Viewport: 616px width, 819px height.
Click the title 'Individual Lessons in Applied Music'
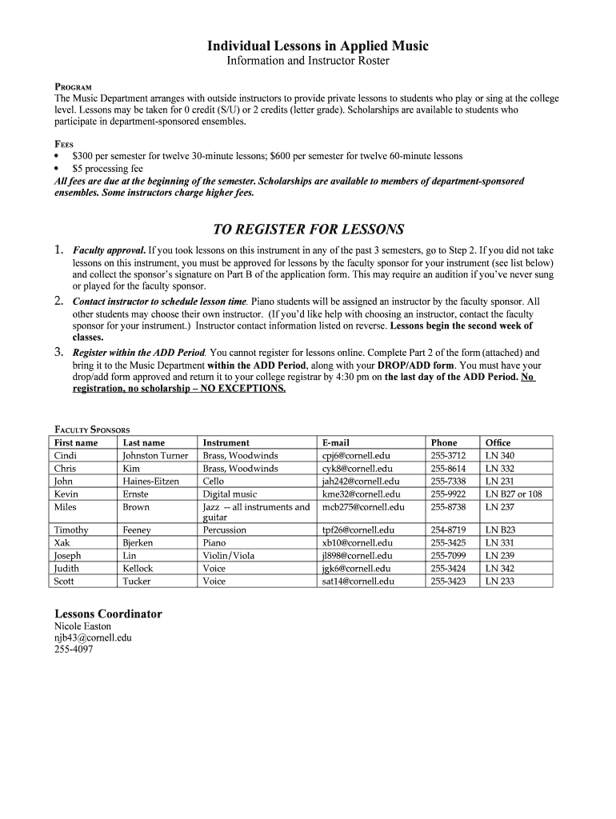point(318,46)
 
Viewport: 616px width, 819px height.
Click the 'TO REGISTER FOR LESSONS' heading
point(307,230)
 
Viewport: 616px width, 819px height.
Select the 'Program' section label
point(73,86)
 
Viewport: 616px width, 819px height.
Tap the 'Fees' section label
point(63,144)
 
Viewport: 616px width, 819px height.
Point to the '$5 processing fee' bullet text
point(107,169)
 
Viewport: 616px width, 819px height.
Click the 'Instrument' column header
point(226,442)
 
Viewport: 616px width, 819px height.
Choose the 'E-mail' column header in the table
point(336,442)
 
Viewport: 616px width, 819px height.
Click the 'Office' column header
point(498,442)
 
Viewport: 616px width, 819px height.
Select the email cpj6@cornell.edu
point(357,455)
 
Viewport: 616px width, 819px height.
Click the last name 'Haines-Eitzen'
point(150,481)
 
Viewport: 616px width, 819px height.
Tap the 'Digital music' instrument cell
point(230,493)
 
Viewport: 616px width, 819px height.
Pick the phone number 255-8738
point(448,506)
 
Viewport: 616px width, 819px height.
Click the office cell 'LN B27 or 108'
point(514,493)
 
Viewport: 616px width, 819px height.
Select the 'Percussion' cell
point(225,529)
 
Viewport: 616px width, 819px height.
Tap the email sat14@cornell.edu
point(357,581)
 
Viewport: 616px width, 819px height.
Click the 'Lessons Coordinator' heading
point(108,614)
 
